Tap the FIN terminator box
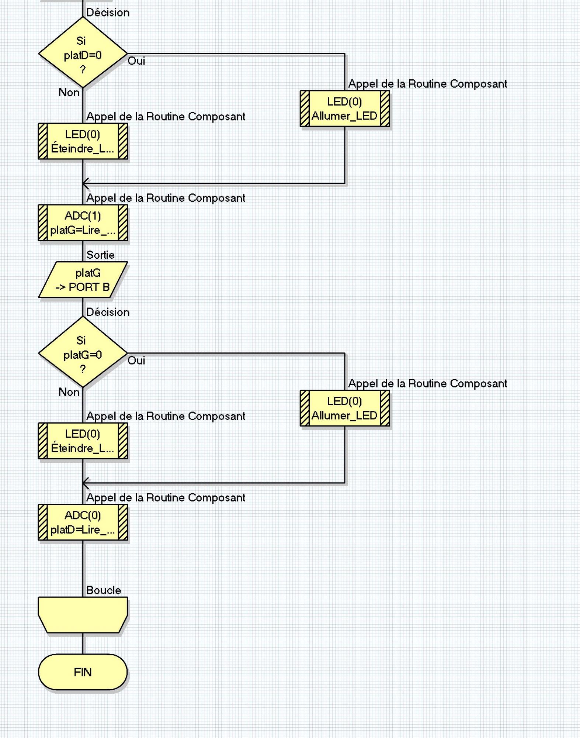83,672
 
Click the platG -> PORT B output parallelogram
83,280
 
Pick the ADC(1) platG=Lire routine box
83,223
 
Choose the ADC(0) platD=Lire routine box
83,522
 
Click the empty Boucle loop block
83,615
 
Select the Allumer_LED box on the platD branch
345,108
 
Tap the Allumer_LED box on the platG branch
345,408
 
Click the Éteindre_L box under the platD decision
83,141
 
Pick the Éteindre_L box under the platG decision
83,441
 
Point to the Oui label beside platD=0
136,61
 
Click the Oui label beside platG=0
136,361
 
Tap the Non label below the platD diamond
69,93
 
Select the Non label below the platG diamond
69,392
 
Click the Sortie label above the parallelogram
100,255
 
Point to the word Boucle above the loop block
104,590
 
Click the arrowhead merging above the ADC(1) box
86,183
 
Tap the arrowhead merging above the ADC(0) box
86,483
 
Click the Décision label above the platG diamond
108,312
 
